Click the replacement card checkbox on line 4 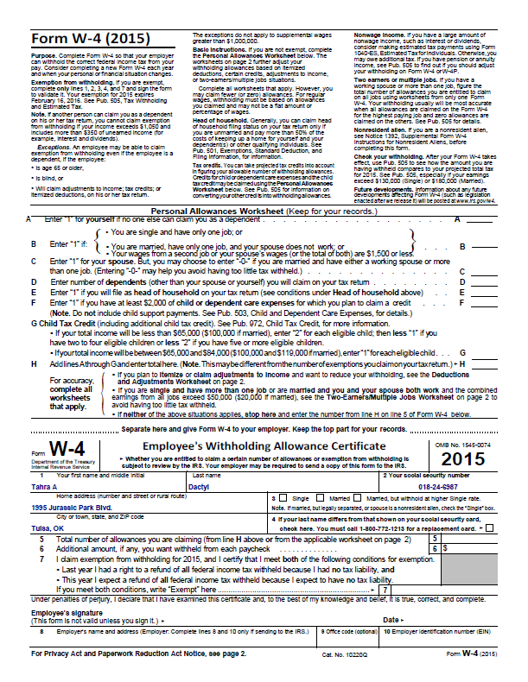tap(491, 528)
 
